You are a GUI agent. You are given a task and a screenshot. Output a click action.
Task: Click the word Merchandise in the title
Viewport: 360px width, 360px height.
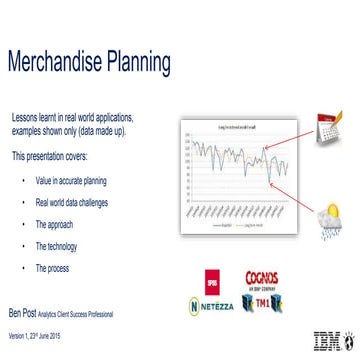click(62, 63)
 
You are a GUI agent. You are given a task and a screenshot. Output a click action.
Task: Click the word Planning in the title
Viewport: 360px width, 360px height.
click(144, 63)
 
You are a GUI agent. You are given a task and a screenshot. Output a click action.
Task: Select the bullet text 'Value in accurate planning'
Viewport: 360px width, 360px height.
click(70, 181)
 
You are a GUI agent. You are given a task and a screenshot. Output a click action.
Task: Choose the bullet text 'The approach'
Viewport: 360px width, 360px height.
click(56, 225)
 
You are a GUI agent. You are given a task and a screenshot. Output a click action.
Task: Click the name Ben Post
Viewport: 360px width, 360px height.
click(27, 312)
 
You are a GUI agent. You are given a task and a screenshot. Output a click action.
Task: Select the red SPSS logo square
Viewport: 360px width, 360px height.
click(210, 279)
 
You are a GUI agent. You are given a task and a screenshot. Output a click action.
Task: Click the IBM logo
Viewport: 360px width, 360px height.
click(327, 338)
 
